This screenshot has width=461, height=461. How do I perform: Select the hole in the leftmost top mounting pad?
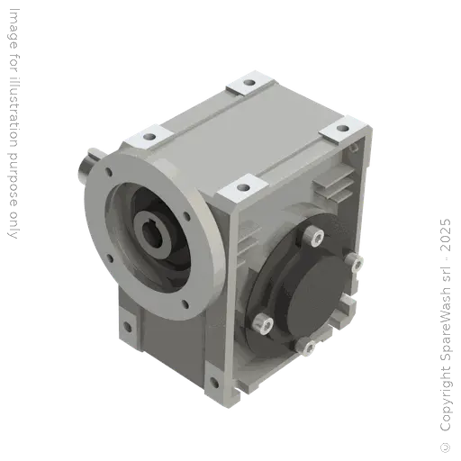[142, 137]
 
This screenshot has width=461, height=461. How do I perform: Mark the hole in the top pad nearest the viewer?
[240, 189]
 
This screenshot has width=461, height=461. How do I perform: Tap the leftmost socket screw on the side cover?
[259, 321]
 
